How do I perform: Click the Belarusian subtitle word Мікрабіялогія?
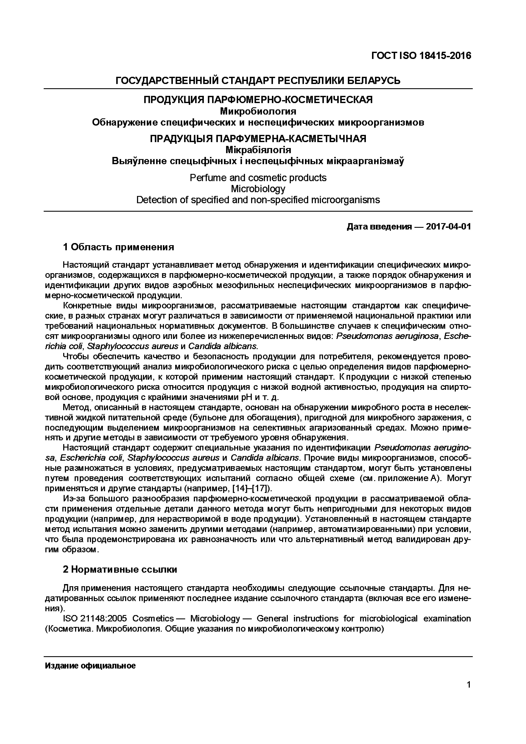point(258,150)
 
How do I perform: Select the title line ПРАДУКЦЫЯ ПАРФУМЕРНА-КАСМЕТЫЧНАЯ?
point(258,139)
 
